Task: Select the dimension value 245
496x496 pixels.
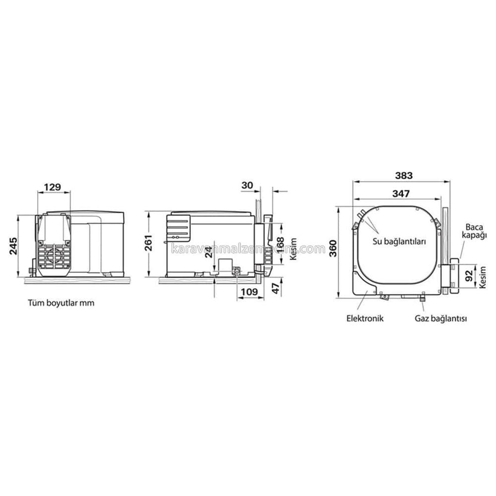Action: coord(13,246)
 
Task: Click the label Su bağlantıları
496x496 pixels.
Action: coord(400,242)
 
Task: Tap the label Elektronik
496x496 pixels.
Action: coord(365,318)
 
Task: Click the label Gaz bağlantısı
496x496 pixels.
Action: coord(441,318)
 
